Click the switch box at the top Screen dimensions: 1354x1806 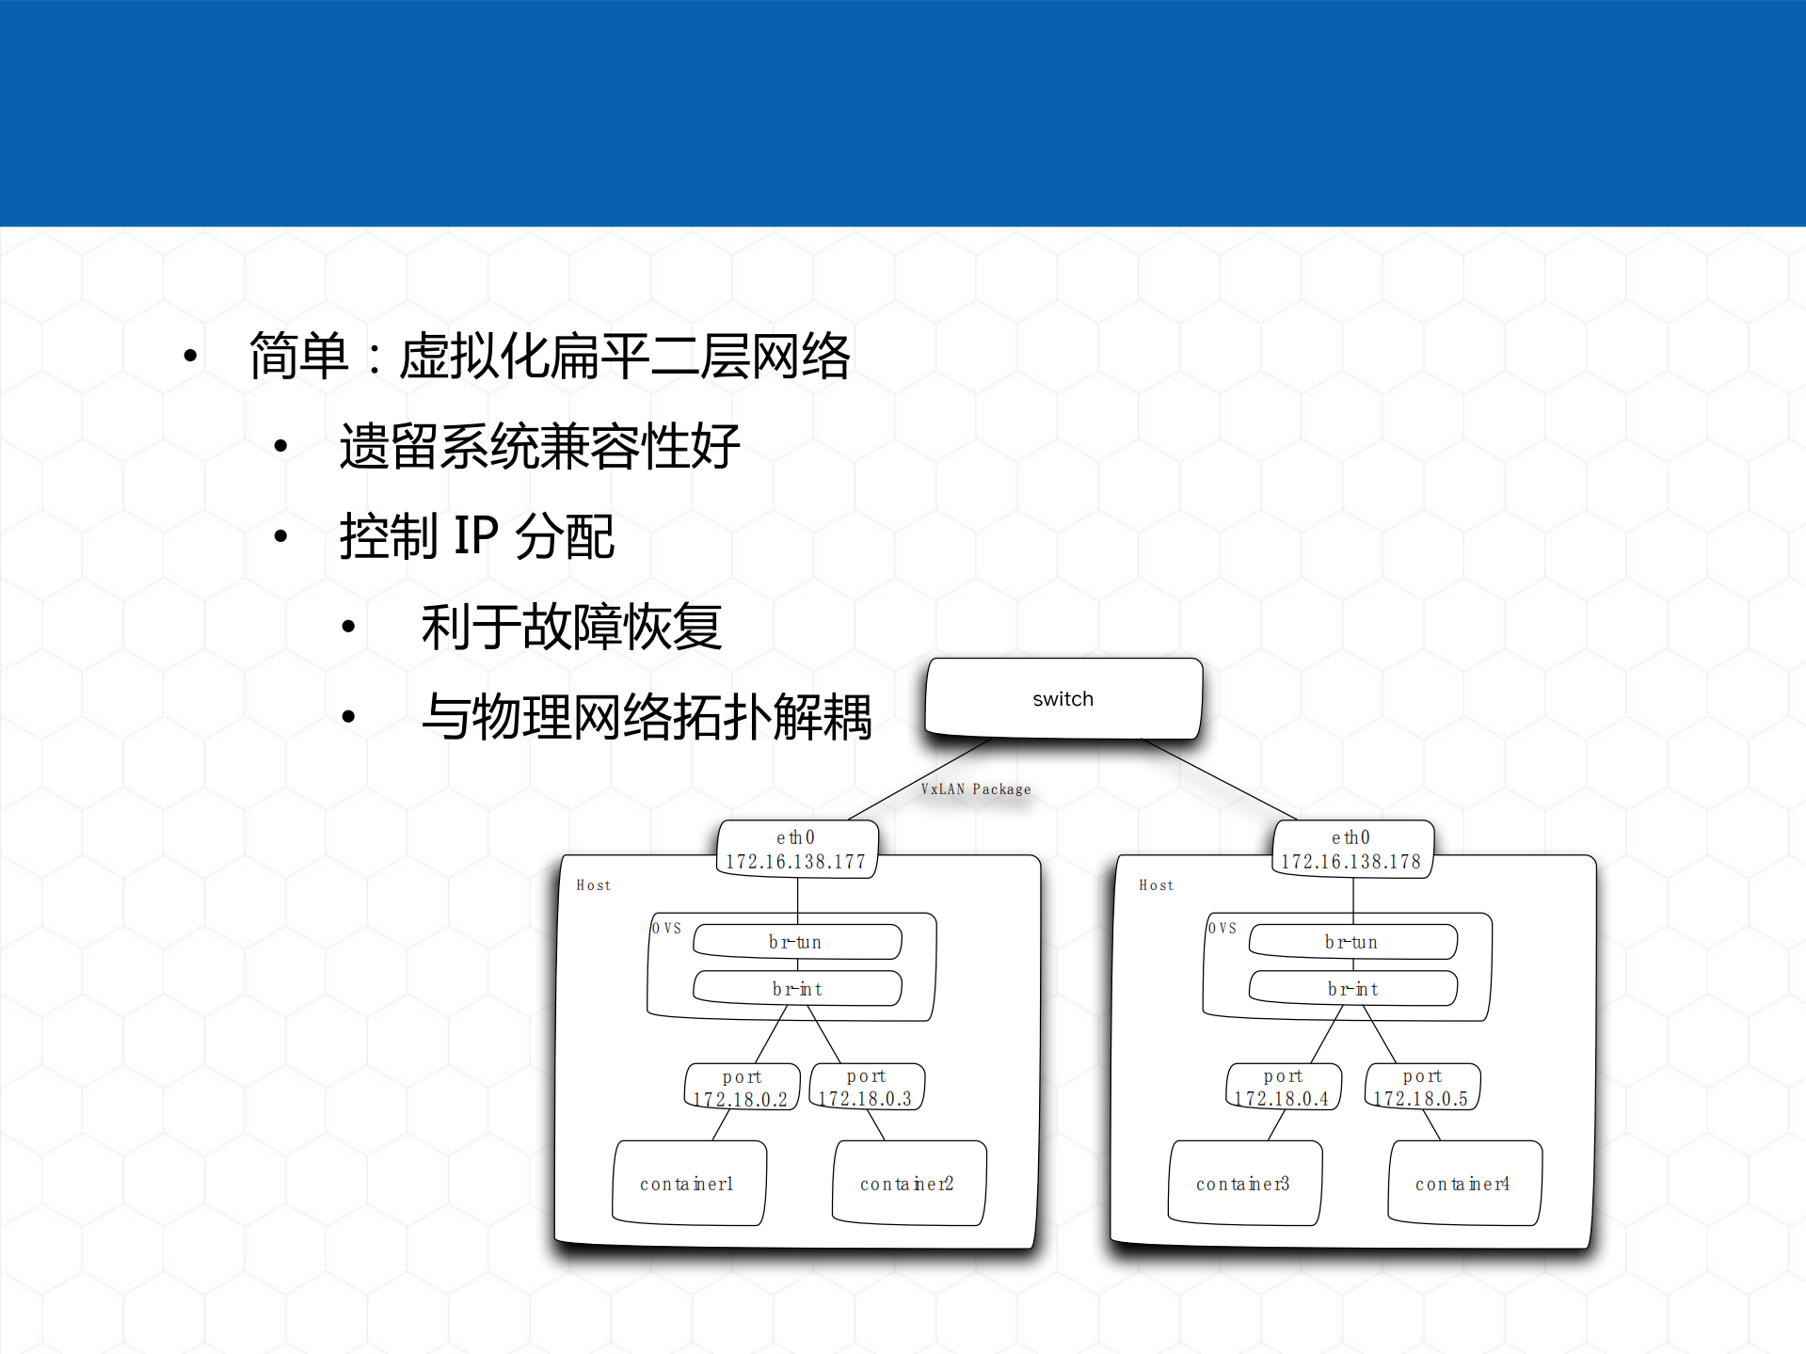point(1063,698)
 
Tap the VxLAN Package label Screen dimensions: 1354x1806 point(975,789)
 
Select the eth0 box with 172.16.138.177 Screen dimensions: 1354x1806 point(796,849)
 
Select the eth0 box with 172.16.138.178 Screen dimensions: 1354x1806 point(1351,849)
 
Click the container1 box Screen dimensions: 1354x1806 point(688,1183)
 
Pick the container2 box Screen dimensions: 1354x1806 point(908,1183)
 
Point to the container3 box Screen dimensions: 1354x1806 point(1243,1183)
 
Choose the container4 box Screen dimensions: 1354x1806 point(1463,1183)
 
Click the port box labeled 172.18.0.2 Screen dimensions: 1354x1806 point(742,1087)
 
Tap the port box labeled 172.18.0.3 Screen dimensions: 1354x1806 point(866,1087)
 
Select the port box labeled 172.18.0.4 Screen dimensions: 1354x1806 point(1283,1087)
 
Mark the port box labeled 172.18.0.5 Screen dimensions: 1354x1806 point(1422,1087)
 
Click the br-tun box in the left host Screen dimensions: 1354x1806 point(796,942)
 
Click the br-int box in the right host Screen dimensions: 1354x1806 point(1352,989)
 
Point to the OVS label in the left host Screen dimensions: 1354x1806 point(666,928)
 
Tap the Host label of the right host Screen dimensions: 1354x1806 point(1156,885)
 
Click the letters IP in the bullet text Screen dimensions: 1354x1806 point(475,536)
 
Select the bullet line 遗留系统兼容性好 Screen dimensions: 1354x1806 point(539,446)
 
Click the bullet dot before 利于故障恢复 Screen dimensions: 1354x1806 point(348,627)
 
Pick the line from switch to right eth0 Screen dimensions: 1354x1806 point(1220,779)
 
